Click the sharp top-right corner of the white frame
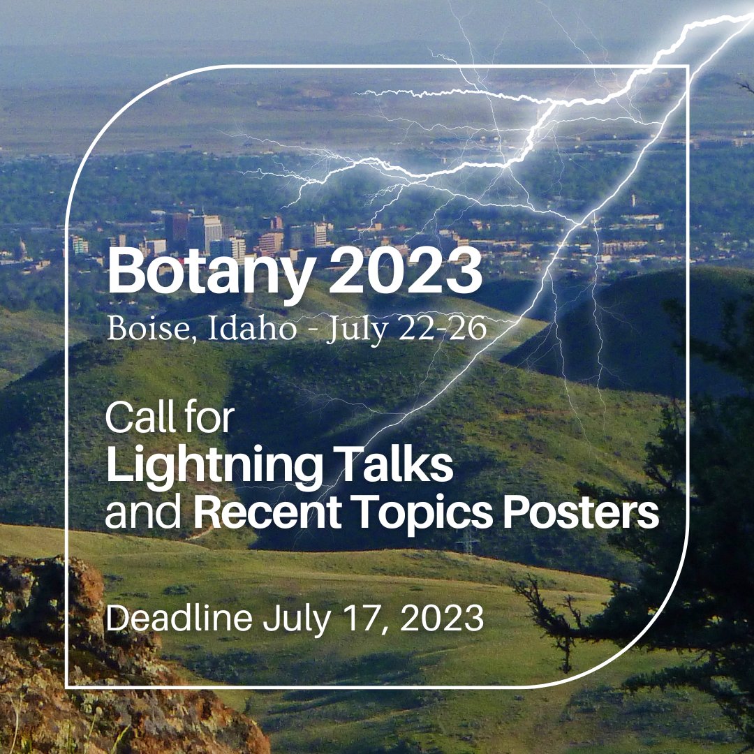coord(688,66)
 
